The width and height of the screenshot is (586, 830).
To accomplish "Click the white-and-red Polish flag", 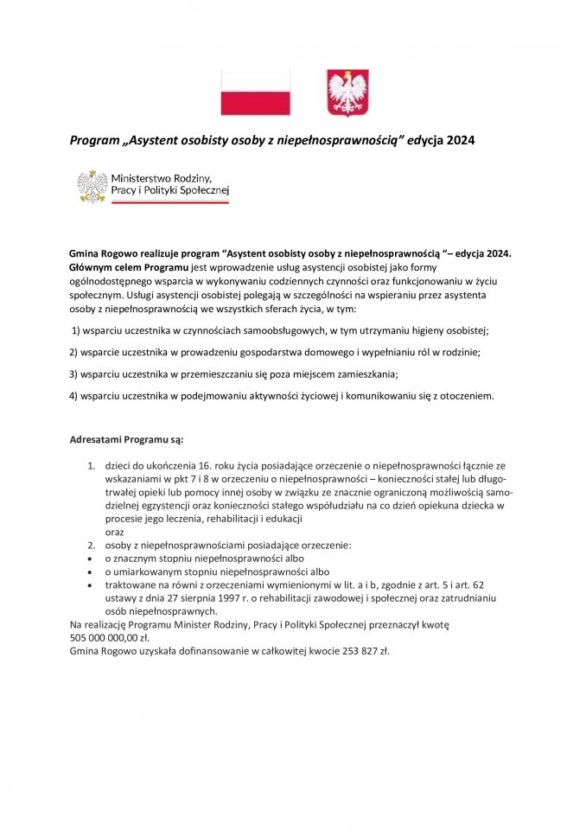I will (x=256, y=93).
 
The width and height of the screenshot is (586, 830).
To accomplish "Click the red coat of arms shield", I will (x=347, y=93).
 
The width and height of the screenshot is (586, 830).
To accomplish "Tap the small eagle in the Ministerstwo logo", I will (x=92, y=186).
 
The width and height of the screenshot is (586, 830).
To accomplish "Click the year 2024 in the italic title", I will (x=460, y=139).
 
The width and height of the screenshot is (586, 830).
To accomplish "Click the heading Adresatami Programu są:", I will (x=126, y=440).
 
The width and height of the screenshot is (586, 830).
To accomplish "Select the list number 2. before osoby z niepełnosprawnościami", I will (x=91, y=546).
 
